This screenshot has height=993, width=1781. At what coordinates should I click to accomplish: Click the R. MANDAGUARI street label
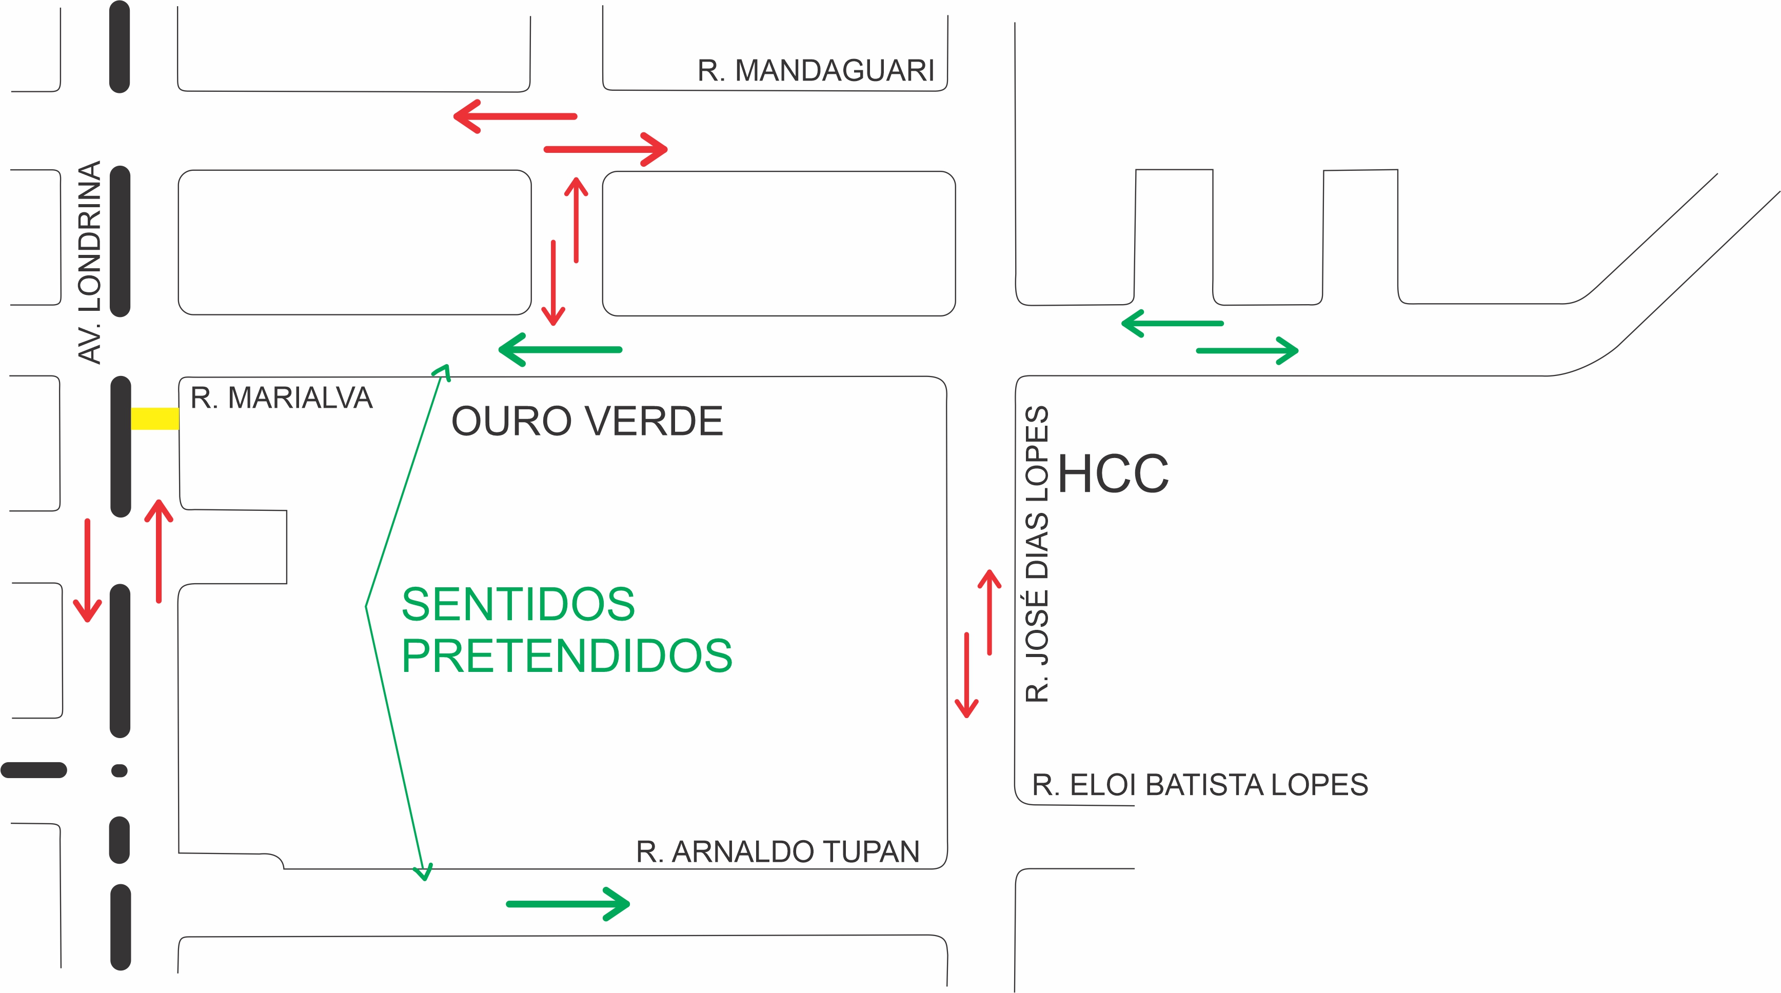pos(815,71)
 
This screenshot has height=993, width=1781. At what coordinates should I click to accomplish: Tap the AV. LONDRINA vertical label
pos(90,262)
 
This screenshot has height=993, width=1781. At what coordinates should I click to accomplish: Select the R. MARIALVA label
pos(282,399)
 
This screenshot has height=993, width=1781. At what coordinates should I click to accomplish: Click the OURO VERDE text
pos(587,422)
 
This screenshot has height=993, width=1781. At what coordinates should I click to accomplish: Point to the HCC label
pos(1113,474)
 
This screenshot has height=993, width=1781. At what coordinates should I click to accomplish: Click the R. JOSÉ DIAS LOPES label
pos(1037,554)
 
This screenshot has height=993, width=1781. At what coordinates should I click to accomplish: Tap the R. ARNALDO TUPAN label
pos(778,852)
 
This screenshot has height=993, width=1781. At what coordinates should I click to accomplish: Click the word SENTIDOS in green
pos(518,604)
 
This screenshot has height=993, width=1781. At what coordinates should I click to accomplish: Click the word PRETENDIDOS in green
pos(567,656)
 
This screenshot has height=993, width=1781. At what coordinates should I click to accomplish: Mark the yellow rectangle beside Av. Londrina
pos(155,419)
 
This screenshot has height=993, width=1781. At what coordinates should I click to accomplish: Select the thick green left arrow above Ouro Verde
pos(560,350)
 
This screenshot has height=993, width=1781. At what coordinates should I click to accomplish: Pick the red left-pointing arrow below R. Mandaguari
pos(515,116)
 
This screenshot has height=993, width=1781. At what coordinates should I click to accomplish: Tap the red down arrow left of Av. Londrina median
pos(88,570)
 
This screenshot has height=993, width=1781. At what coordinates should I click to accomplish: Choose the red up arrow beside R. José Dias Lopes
pos(990,612)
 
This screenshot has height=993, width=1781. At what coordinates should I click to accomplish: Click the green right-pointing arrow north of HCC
pos(1247,351)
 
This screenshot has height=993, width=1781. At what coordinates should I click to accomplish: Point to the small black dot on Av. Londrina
pos(120,770)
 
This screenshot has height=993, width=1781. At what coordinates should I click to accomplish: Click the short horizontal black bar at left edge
pos(34,770)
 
